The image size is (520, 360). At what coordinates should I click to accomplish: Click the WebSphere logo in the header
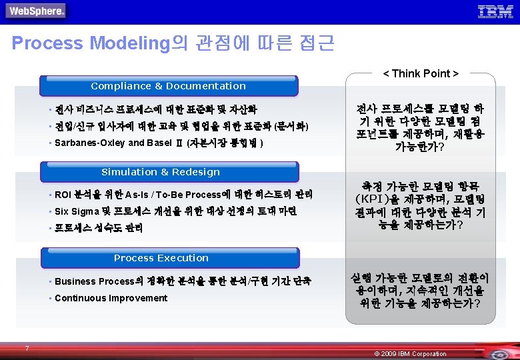click(x=36, y=11)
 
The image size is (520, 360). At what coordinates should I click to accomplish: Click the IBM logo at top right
click(x=495, y=11)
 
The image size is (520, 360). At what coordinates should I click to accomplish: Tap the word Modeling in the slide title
click(x=131, y=43)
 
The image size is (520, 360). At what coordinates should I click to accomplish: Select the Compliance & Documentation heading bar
click(x=168, y=86)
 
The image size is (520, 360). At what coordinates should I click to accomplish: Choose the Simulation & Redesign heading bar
click(x=161, y=172)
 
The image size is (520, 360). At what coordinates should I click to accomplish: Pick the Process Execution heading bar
click(x=161, y=258)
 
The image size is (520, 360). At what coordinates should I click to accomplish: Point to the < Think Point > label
click(x=421, y=73)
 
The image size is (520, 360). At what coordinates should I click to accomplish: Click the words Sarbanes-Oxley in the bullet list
click(x=89, y=143)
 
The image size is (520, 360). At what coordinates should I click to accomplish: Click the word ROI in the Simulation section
click(x=63, y=195)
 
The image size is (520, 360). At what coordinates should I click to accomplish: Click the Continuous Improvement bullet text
click(x=111, y=298)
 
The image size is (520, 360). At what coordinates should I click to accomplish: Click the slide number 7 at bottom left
click(x=27, y=348)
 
